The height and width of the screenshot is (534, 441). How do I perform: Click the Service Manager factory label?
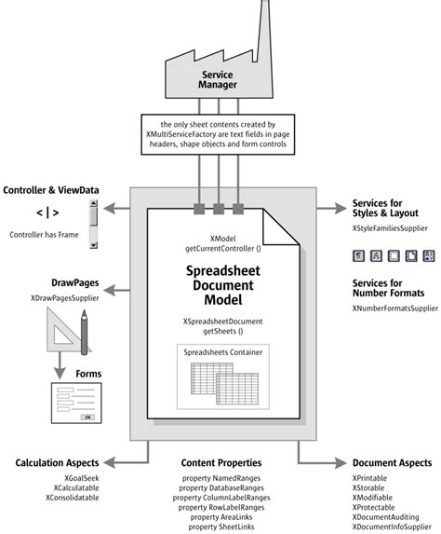tap(216, 80)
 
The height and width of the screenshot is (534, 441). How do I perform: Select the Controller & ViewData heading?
tap(52, 189)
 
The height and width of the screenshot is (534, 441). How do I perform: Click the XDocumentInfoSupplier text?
tap(394, 527)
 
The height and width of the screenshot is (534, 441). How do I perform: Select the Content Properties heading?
tap(222, 462)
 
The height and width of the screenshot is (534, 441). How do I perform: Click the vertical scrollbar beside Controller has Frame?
tap(93, 226)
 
